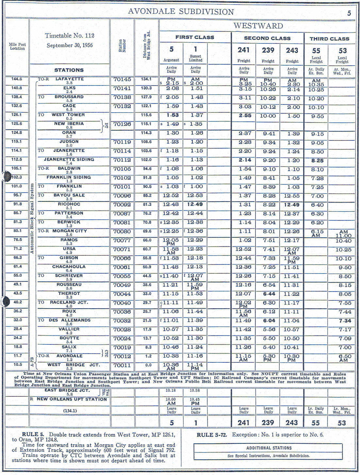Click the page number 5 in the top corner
(x=349, y=13)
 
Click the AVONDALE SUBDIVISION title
(x=181, y=12)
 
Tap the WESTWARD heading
(x=258, y=26)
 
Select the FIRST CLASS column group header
(x=195, y=37)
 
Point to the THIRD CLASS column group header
(x=329, y=39)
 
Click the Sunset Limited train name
(x=195, y=58)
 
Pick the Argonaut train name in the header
(x=171, y=60)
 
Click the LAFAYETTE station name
(x=69, y=79)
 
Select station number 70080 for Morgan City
(x=122, y=231)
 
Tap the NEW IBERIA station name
(x=69, y=124)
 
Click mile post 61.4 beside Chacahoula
(x=17, y=266)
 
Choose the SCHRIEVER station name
(x=69, y=276)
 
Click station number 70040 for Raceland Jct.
(x=122, y=303)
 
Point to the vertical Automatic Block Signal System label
(x=32, y=219)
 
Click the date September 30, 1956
(x=70, y=45)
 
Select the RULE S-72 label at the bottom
(x=212, y=435)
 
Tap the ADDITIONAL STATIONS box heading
(x=269, y=448)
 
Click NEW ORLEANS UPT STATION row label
(x=72, y=399)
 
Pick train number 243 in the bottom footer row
(x=292, y=423)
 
